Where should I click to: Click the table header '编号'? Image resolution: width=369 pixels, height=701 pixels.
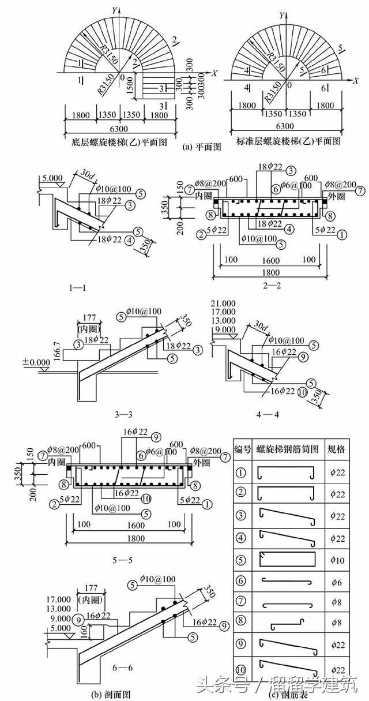(x=242, y=449)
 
